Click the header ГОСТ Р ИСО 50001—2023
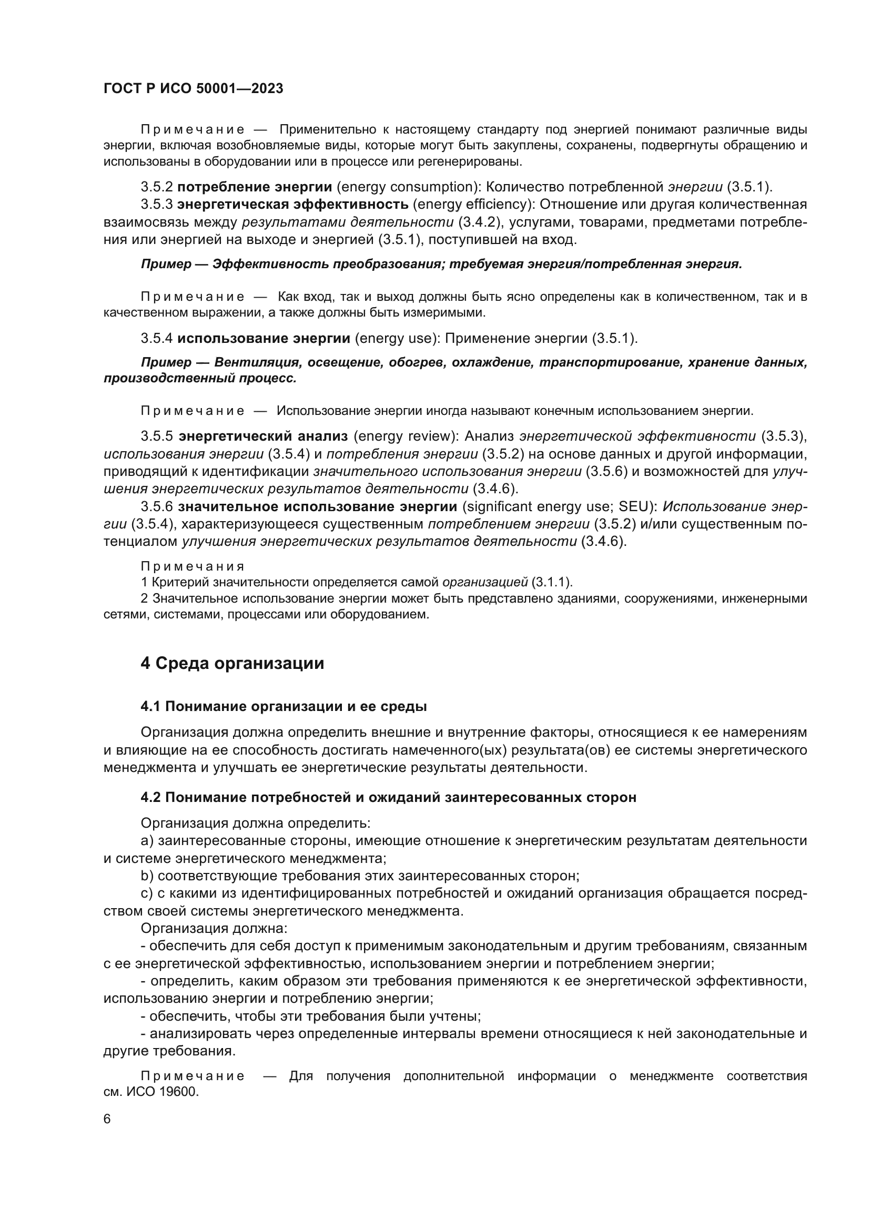(x=193, y=89)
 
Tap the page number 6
(x=107, y=1119)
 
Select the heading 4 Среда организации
(x=232, y=663)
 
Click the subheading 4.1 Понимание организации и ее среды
(x=284, y=707)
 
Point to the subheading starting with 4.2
(x=388, y=797)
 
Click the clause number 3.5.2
(x=156, y=187)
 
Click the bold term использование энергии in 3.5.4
(x=264, y=339)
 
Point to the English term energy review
(x=405, y=436)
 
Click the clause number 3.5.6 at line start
(x=156, y=507)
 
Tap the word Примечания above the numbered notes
(x=193, y=567)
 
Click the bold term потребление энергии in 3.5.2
(x=255, y=187)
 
